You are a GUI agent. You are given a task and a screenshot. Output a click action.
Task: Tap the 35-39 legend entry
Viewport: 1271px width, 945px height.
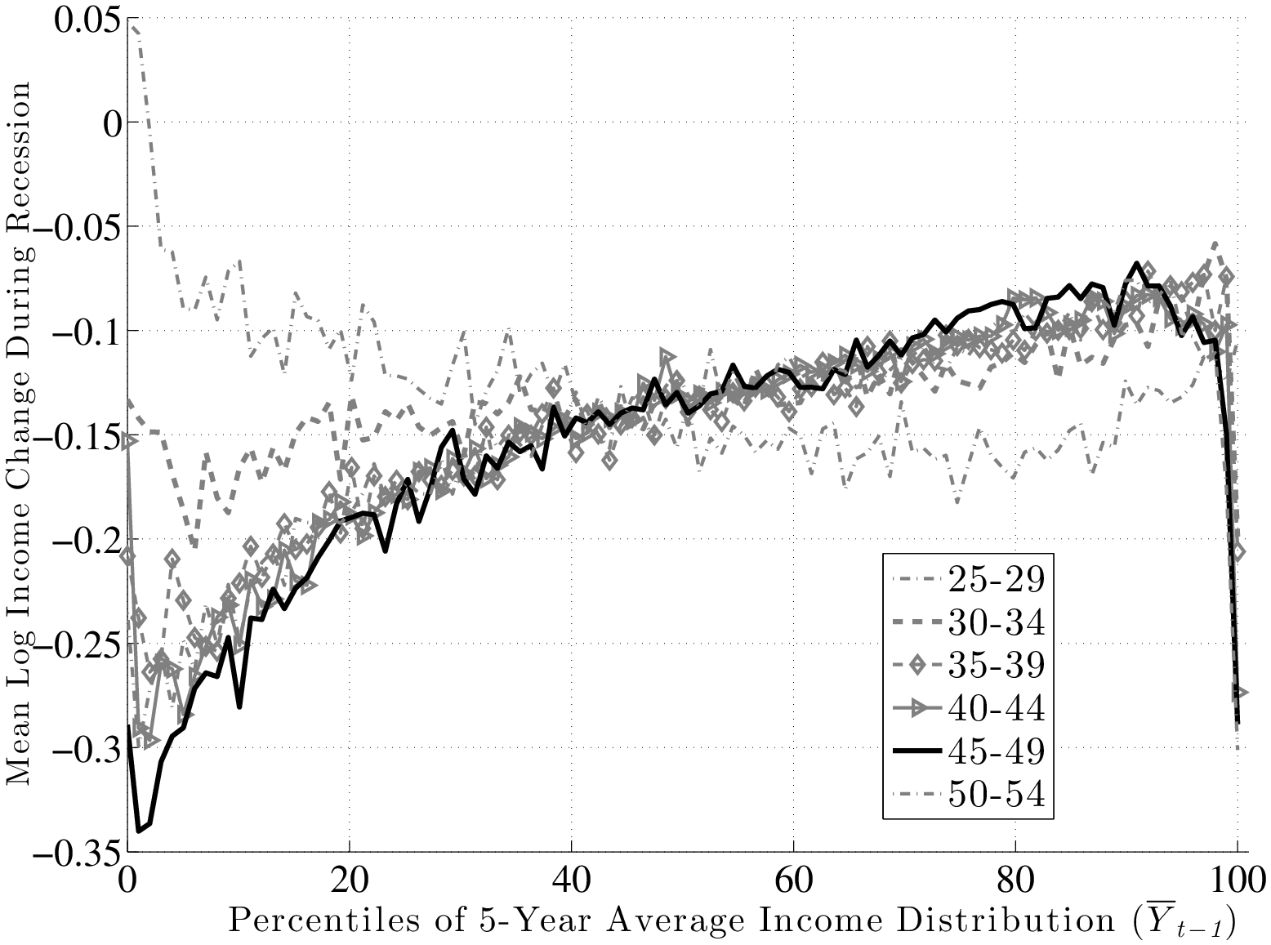(x=997, y=666)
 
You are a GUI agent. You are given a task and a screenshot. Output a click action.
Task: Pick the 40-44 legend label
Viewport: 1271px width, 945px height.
(x=997, y=709)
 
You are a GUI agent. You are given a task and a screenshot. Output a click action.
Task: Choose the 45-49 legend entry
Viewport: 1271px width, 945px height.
(x=997, y=751)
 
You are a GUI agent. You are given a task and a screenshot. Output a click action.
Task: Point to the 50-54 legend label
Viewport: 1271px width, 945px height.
(x=997, y=795)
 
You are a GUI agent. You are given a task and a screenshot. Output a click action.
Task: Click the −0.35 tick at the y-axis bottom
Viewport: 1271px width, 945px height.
(x=75, y=852)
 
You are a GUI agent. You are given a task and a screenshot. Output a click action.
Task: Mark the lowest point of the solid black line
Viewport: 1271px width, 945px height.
(x=138, y=831)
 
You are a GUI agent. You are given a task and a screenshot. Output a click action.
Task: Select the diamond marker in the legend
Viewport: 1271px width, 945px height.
(x=917, y=666)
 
